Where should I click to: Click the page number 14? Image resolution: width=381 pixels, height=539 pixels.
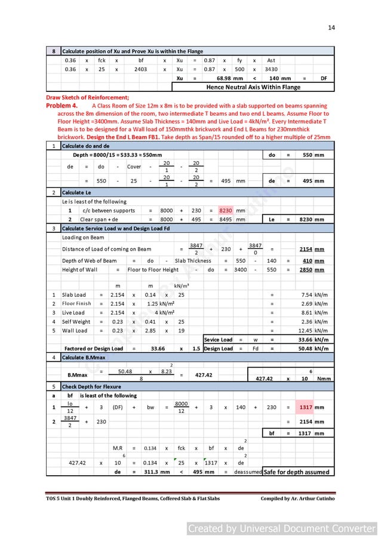click(331, 27)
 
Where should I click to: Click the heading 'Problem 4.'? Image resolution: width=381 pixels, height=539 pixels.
click(64, 105)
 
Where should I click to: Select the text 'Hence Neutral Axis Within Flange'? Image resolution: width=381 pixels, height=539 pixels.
click(253, 87)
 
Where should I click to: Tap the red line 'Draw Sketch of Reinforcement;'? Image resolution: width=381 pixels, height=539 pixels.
click(87, 97)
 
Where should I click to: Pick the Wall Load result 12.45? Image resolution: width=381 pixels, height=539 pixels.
click(315, 331)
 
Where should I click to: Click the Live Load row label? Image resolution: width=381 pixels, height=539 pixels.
click(73, 313)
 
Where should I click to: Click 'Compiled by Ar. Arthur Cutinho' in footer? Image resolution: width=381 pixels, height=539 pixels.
click(296, 498)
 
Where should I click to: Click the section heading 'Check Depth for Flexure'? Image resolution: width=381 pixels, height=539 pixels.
click(91, 387)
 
